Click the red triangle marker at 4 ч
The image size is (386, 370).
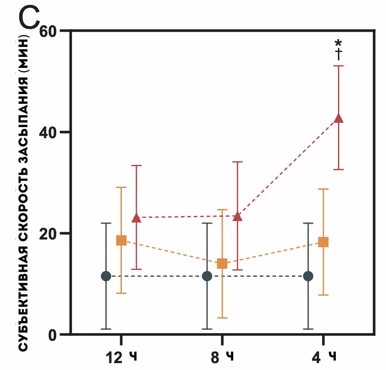click(338, 118)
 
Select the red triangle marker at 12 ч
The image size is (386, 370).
click(136, 218)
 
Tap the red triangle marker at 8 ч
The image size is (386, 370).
click(237, 216)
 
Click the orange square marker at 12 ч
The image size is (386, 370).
click(121, 240)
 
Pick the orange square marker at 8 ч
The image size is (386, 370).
click(222, 263)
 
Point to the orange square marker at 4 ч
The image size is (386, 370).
click(323, 242)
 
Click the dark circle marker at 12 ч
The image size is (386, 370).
click(106, 276)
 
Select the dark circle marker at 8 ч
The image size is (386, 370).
click(207, 276)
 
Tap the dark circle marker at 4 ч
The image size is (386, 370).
click(308, 276)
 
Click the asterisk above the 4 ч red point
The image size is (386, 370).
click(338, 43)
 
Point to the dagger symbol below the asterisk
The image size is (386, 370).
click(338, 54)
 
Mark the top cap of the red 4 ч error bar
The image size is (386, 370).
click(338, 66)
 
